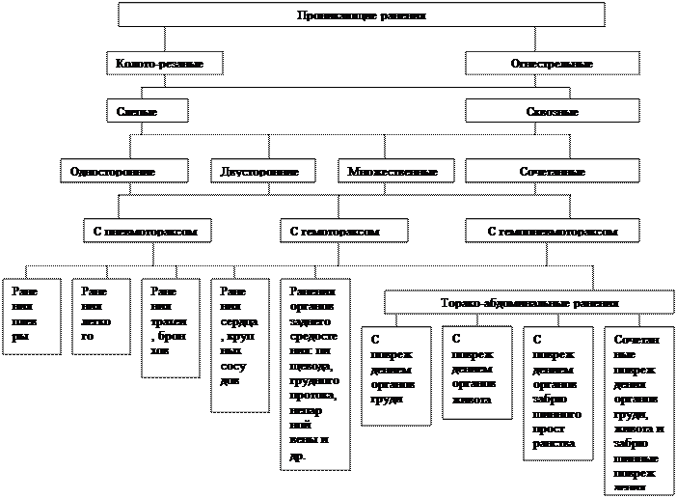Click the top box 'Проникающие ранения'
click(361, 15)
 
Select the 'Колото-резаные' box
click(165, 64)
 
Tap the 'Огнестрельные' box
click(552, 64)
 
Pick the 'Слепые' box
click(146, 112)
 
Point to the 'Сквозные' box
click(552, 112)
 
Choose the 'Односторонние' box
click(122, 172)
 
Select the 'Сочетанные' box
click(552, 172)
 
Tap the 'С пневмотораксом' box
click(147, 232)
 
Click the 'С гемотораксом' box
click(343, 232)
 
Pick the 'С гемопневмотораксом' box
click(552, 232)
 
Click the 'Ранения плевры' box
click(27, 317)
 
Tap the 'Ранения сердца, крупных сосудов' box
click(238, 345)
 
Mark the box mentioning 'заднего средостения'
click(314, 374)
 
